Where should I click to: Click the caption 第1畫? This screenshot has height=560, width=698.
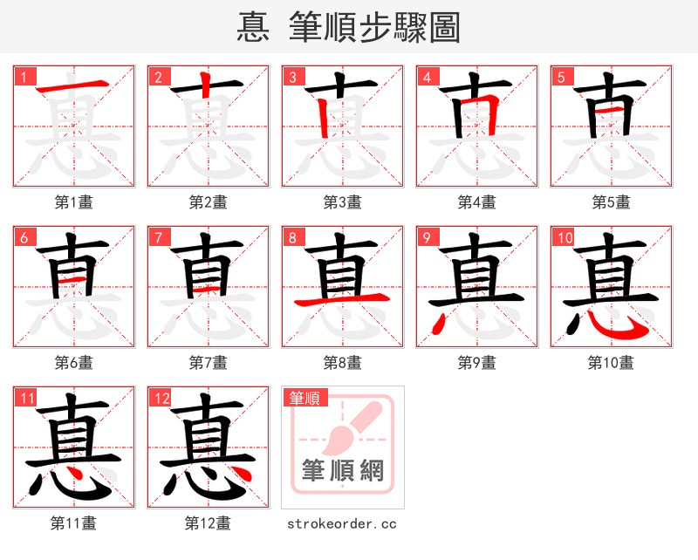(x=74, y=202)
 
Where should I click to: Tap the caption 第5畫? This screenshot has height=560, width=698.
(x=611, y=202)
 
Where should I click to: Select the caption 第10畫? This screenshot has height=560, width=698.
(x=611, y=363)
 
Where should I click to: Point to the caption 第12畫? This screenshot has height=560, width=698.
(x=208, y=523)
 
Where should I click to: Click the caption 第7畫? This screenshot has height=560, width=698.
(x=208, y=363)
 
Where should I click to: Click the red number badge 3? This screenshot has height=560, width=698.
(x=292, y=77)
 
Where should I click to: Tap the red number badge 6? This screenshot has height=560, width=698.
(x=24, y=237)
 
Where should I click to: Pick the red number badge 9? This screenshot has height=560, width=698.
(x=427, y=237)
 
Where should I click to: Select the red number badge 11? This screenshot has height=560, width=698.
(x=26, y=399)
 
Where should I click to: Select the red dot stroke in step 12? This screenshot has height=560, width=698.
(x=243, y=474)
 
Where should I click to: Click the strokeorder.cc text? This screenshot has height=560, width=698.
(x=342, y=523)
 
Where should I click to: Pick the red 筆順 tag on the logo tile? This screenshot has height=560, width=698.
(x=305, y=399)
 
